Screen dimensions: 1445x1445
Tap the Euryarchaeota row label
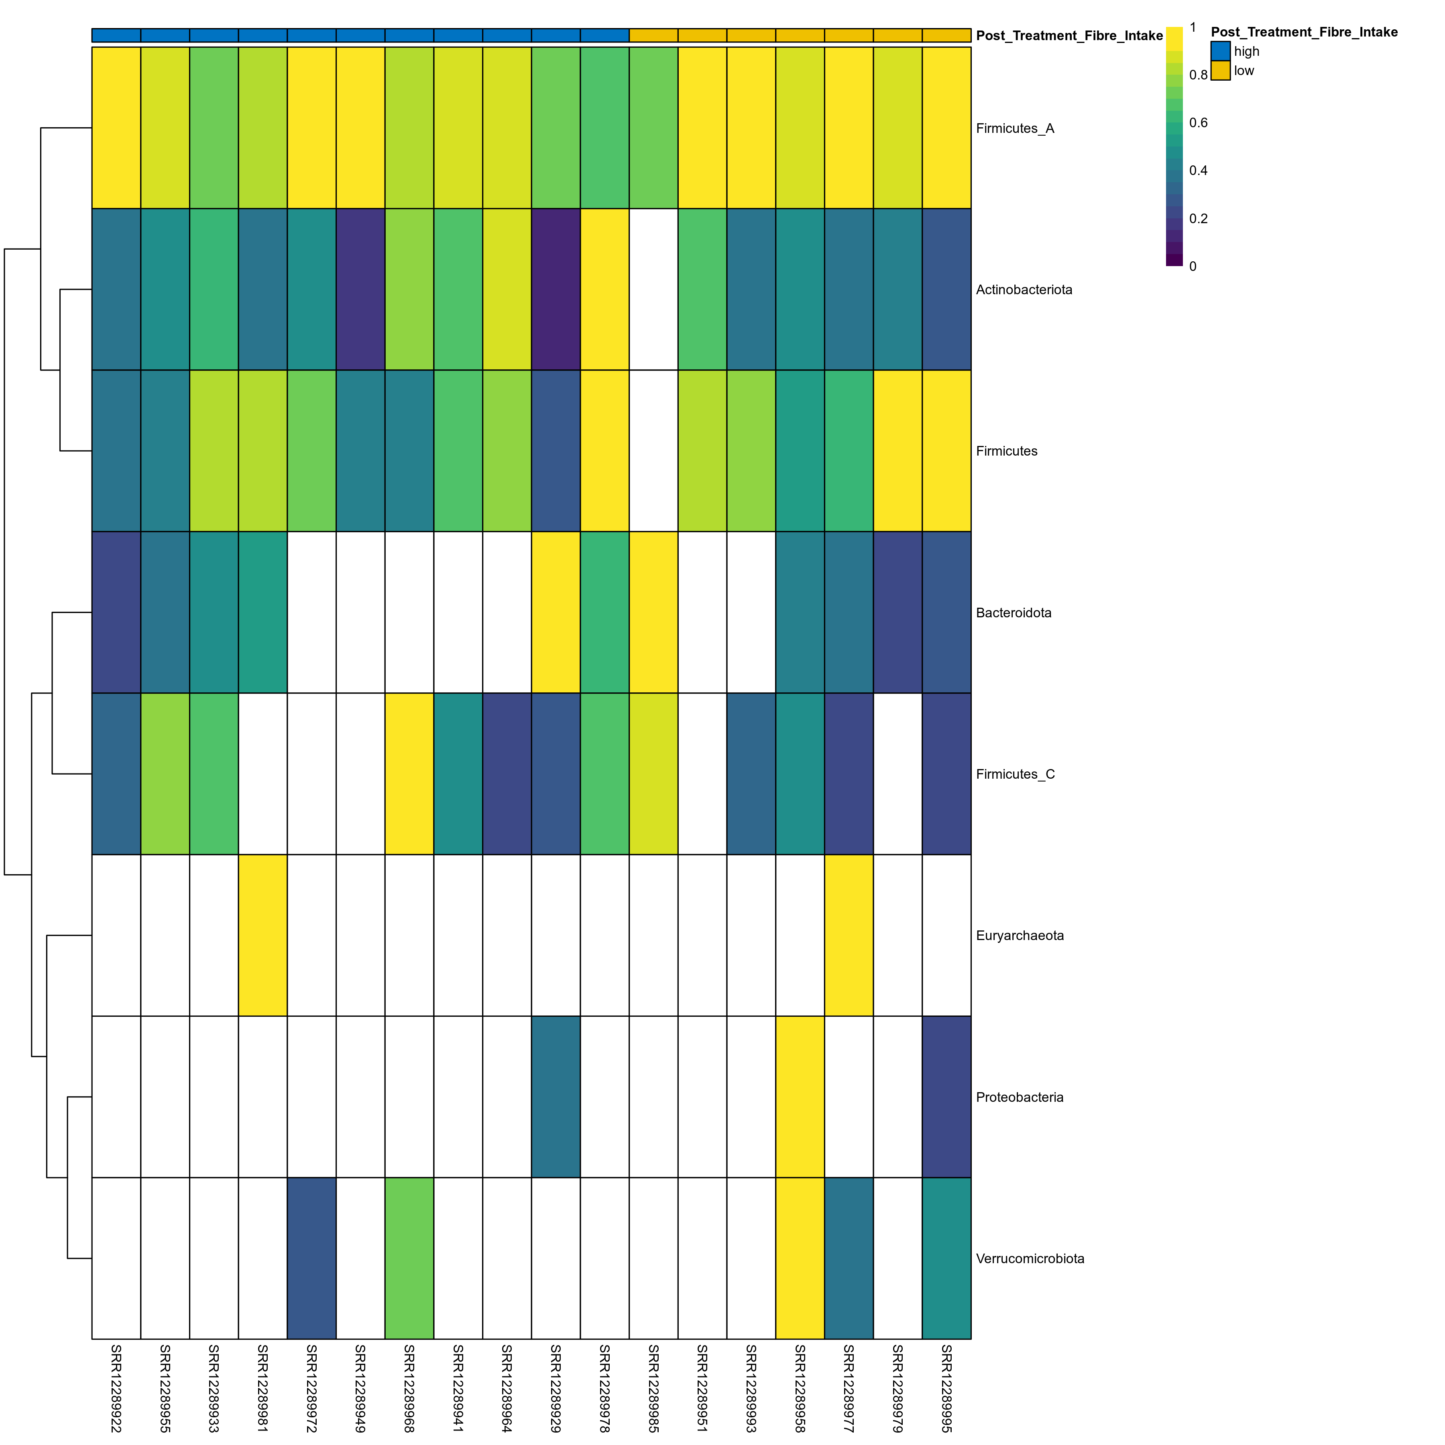click(1020, 936)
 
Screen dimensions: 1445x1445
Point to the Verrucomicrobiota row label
click(1030, 1259)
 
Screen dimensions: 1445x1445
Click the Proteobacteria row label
click(1020, 1097)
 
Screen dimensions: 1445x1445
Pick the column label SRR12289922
click(116, 1388)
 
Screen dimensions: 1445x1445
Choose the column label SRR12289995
click(946, 1388)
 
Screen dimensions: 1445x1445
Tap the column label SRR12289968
click(409, 1388)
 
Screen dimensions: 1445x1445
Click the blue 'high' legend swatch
click(1220, 51)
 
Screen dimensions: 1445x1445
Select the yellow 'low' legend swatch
click(1220, 70)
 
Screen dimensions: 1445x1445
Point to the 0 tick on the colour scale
click(1192, 266)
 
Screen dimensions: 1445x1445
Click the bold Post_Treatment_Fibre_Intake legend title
click(1304, 32)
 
